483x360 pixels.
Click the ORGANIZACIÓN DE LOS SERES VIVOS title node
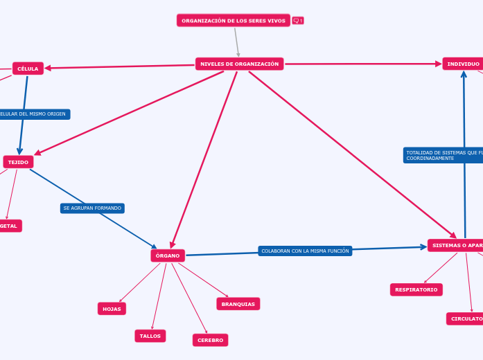(233, 21)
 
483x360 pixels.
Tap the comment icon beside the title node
(298, 21)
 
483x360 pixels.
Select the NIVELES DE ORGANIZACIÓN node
(239, 64)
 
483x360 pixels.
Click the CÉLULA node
(28, 69)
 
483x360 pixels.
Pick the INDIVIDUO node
(463, 64)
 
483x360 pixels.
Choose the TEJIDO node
(18, 162)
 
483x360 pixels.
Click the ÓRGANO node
(168, 255)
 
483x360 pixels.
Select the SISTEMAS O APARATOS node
(456, 245)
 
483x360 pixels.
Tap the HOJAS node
(112, 309)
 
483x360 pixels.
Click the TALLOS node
(150, 336)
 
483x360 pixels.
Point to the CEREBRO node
(210, 340)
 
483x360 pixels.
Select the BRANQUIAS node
(238, 304)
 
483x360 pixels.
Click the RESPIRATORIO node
(416, 289)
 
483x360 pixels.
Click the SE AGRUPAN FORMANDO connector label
(92, 208)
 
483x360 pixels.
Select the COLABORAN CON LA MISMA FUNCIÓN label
(305, 251)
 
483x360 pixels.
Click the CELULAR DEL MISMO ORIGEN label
(33, 114)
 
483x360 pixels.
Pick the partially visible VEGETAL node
(10, 226)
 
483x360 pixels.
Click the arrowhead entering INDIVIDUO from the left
(439, 64)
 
